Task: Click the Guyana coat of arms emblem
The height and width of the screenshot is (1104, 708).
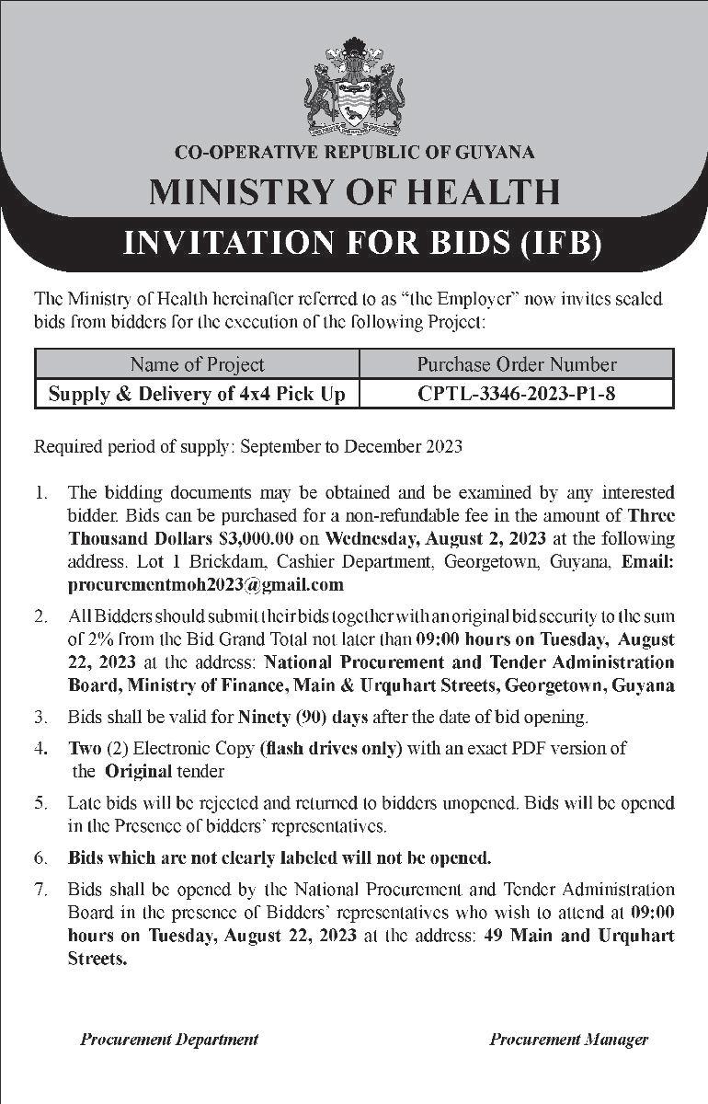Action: (354, 87)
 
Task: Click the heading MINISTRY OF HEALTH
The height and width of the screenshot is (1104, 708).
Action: (354, 192)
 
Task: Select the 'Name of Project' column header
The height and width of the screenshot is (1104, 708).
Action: (197, 364)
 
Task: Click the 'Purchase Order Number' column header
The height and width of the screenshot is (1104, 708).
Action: (517, 364)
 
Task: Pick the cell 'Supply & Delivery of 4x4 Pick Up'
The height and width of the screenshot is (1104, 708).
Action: (197, 394)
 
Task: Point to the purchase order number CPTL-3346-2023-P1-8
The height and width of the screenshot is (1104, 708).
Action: (517, 394)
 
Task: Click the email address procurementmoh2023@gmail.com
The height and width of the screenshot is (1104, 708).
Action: (206, 584)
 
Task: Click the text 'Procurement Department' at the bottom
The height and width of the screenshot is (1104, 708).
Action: (169, 1040)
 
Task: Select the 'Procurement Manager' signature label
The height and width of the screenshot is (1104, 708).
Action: (568, 1040)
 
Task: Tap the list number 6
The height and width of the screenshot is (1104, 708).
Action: (40, 858)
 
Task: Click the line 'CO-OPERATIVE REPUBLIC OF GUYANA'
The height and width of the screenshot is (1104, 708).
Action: (354, 153)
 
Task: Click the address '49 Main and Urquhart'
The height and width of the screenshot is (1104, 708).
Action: (579, 936)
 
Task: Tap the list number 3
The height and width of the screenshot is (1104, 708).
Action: (40, 716)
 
